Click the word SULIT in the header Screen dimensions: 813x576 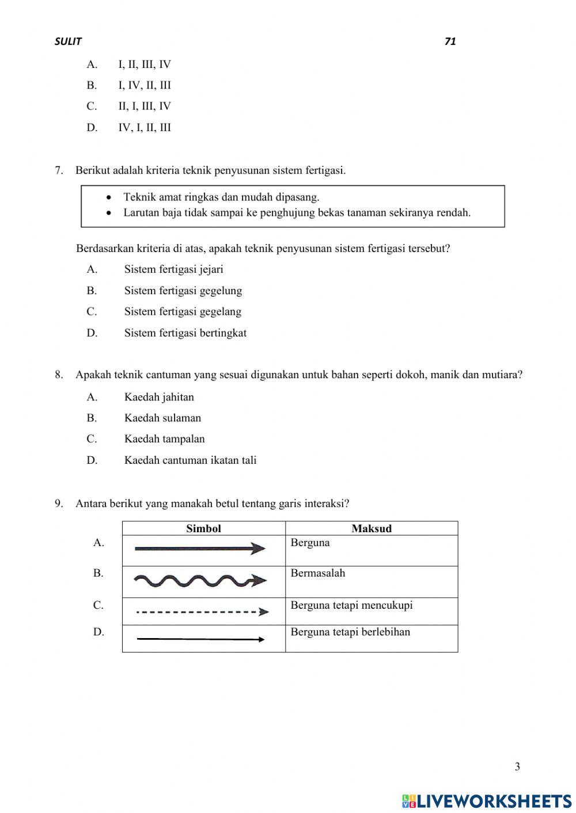click(68, 41)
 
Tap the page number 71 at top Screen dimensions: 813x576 click(450, 41)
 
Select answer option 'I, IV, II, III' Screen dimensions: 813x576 click(145, 85)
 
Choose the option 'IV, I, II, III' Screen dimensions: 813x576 click(145, 128)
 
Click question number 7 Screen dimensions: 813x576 click(59, 170)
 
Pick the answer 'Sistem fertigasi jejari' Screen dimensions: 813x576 click(173, 269)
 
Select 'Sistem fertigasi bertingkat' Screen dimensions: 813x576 click(185, 333)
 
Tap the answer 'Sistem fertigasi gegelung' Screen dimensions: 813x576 click(183, 291)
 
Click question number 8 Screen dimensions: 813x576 click(59, 375)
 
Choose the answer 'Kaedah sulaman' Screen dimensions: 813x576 click(162, 418)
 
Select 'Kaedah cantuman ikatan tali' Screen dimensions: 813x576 click(190, 460)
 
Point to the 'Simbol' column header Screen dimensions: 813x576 click(203, 528)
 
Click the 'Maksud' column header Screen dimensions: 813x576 click(371, 528)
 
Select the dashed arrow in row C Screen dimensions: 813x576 click(202, 612)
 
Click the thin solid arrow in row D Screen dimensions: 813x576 click(200, 639)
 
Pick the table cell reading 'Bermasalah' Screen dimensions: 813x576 click(317, 573)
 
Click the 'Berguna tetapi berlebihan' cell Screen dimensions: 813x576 click(350, 632)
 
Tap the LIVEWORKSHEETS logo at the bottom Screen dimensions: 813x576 click(487, 800)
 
